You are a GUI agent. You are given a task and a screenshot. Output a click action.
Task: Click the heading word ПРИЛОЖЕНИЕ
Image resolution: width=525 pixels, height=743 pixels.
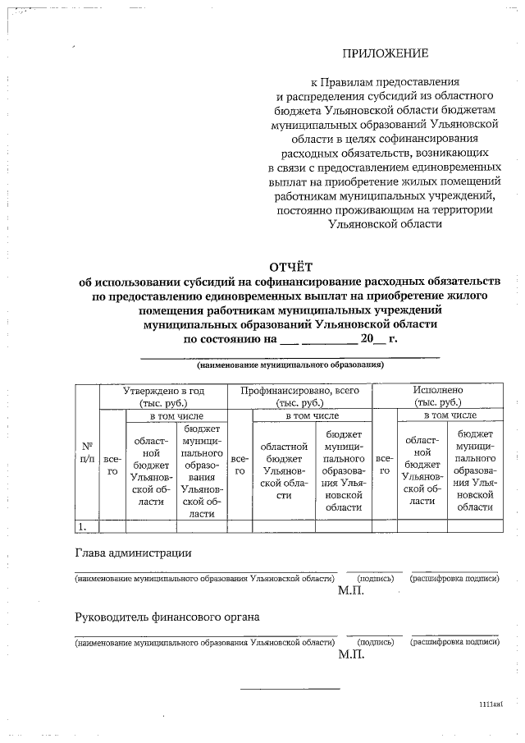386,54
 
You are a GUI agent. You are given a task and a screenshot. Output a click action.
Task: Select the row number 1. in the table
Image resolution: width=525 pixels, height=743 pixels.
82,525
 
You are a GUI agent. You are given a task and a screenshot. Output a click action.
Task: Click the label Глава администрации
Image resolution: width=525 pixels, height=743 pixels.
133,553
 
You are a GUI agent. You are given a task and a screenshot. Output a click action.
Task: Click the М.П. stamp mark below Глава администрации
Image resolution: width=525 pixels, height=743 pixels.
350,590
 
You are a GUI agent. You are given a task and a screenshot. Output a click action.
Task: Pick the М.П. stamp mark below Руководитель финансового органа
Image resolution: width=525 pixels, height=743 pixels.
350,654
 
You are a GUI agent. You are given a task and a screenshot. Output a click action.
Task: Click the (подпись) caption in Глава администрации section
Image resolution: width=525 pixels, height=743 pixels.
374,579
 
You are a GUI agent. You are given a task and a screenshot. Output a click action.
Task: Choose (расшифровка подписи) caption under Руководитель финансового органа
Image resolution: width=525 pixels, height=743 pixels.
454,642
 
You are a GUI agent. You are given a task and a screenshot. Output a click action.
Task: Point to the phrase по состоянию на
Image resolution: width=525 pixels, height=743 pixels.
228,337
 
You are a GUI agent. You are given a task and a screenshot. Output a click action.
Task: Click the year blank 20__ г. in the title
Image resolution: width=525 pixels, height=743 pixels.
379,337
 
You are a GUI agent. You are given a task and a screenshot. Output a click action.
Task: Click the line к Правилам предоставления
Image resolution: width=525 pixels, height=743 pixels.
385,83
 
